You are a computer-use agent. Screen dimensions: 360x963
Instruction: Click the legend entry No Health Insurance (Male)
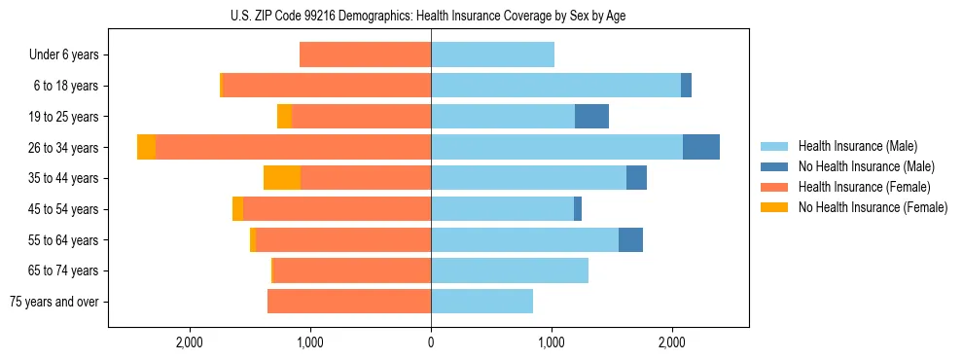pyautogui.click(x=866, y=166)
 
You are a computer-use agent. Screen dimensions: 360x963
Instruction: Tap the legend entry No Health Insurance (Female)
pyautogui.click(x=873, y=207)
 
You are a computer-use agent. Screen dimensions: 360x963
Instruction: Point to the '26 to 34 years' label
pyautogui.click(x=62, y=148)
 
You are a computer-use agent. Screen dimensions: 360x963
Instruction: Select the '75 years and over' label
pyautogui.click(x=54, y=302)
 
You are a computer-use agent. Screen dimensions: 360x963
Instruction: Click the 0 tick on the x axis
pyautogui.click(x=431, y=342)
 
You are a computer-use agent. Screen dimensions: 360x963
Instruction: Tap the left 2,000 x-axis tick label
pyautogui.click(x=190, y=342)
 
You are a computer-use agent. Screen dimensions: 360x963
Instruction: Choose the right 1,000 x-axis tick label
pyautogui.click(x=552, y=342)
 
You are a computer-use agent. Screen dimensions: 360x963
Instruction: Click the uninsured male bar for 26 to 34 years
pyautogui.click(x=701, y=147)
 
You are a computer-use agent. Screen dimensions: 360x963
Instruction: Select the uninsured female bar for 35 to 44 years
pyautogui.click(x=282, y=178)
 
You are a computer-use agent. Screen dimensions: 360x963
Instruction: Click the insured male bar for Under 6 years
pyautogui.click(x=492, y=54)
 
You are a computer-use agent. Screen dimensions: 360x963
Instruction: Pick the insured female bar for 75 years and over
pyautogui.click(x=349, y=302)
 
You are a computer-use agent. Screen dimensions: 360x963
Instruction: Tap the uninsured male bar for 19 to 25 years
pyautogui.click(x=591, y=117)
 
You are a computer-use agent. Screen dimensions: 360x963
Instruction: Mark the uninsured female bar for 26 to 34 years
pyautogui.click(x=146, y=147)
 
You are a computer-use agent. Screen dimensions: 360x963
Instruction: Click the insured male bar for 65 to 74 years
pyautogui.click(x=510, y=270)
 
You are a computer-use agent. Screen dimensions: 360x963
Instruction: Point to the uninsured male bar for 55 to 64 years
pyautogui.click(x=630, y=239)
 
